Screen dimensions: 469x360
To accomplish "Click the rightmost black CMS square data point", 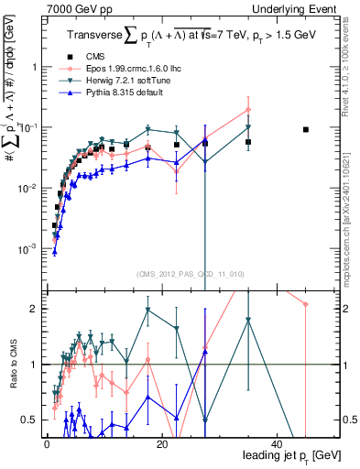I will pyautogui.click(x=306, y=129).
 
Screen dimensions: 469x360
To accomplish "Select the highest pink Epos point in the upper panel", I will pyautogui.click(x=248, y=110).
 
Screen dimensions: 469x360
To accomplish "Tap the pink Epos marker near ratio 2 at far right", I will pyautogui.click(x=306, y=304).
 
